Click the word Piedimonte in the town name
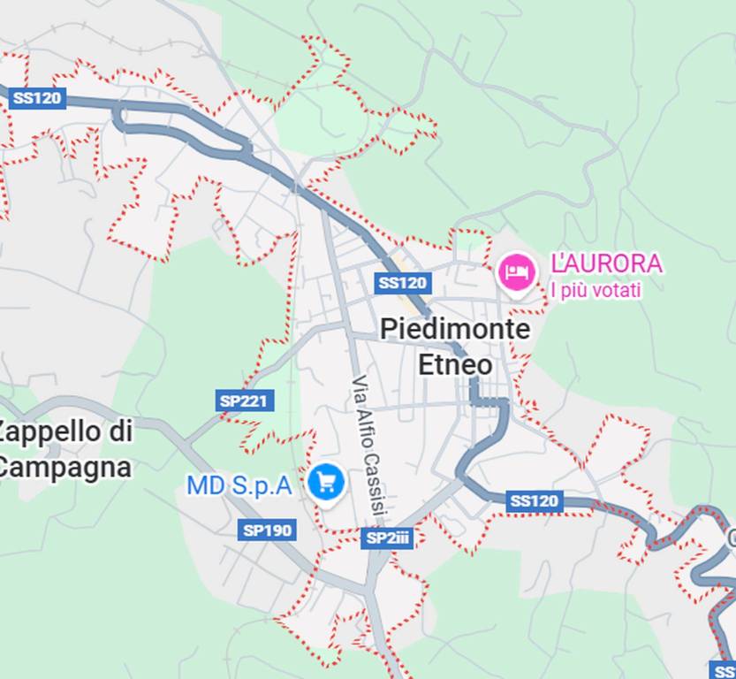(455, 331)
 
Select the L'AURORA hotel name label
(605, 263)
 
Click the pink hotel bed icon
(516, 271)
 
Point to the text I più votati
(596, 290)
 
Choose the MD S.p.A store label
(239, 485)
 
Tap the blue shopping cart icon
(326, 483)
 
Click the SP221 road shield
(243, 401)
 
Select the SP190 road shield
(267, 530)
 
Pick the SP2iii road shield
(387, 538)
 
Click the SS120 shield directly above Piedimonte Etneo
(402, 283)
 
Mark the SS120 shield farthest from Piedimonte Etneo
(37, 97)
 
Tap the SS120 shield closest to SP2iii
(534, 501)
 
